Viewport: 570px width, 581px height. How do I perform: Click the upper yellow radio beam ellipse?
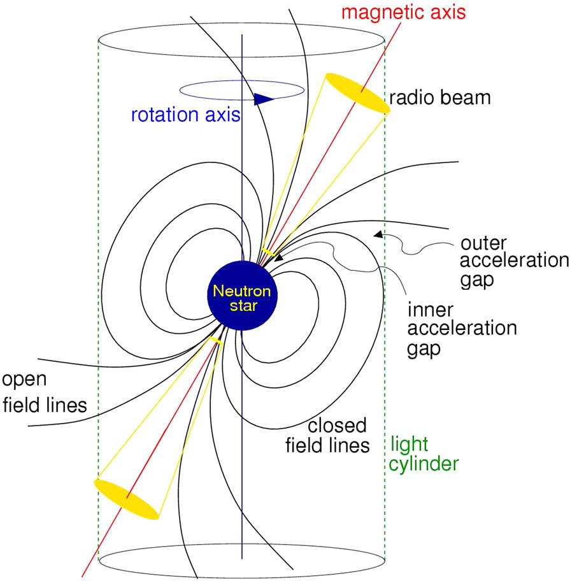click(357, 94)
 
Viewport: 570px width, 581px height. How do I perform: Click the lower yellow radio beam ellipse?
click(126, 498)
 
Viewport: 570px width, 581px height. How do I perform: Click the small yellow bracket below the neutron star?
click(215, 342)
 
